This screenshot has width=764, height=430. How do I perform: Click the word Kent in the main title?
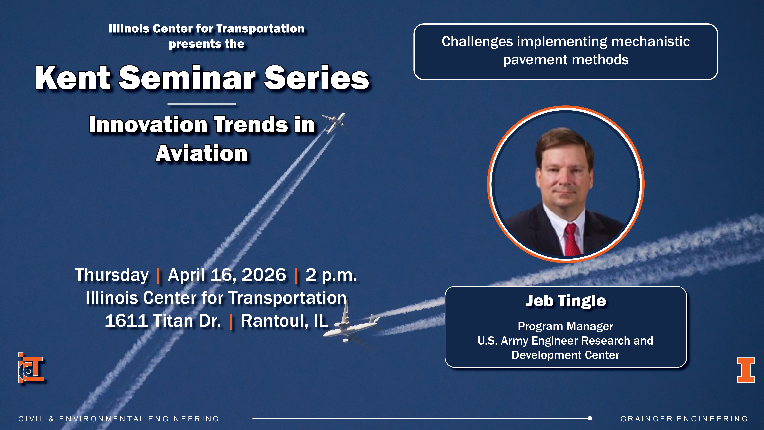pos(73,78)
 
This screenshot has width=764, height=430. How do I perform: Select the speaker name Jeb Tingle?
pos(566,301)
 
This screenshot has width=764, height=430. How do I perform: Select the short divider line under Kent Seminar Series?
pos(202,104)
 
